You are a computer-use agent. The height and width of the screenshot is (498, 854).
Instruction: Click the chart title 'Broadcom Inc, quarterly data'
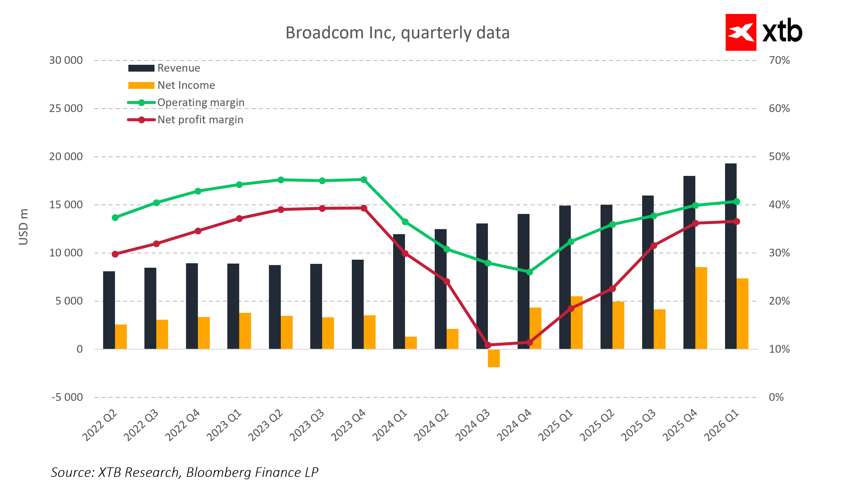click(x=397, y=33)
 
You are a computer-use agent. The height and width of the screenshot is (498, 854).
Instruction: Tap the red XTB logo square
click(x=740, y=32)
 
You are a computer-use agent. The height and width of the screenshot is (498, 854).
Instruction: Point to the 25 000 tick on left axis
click(x=66, y=108)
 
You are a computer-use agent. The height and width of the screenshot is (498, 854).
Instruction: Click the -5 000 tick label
click(x=67, y=397)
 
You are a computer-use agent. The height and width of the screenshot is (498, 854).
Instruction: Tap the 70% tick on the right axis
click(x=779, y=60)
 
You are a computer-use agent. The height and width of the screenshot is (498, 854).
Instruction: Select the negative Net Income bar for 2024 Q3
click(x=494, y=358)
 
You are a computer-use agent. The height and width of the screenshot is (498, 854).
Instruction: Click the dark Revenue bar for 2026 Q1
click(x=731, y=258)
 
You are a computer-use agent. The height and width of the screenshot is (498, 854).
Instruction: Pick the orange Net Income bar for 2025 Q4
click(x=701, y=308)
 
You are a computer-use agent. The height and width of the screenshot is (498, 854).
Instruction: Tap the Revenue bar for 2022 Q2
click(x=109, y=310)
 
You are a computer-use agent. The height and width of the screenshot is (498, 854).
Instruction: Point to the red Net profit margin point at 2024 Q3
click(x=488, y=345)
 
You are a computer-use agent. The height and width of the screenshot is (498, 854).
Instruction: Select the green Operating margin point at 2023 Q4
click(x=364, y=179)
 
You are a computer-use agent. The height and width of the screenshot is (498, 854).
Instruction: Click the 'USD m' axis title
click(x=23, y=227)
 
